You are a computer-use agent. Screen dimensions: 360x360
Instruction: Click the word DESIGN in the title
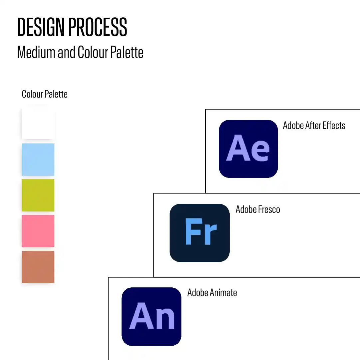tap(41, 27)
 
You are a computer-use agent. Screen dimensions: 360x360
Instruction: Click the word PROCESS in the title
tap(98, 27)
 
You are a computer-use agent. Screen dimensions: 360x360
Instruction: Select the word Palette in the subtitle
tap(127, 52)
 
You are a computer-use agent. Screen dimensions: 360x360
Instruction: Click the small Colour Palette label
tap(45, 94)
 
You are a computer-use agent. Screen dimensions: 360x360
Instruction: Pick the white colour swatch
tap(38, 124)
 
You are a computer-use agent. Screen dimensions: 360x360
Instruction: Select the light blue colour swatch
tap(38, 160)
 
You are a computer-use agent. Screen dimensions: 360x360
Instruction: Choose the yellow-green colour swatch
tap(38, 195)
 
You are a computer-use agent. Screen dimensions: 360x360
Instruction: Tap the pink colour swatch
tap(38, 231)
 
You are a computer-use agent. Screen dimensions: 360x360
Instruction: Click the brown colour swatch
tap(38, 267)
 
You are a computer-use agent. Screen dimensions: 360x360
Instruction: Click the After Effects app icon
tap(248, 149)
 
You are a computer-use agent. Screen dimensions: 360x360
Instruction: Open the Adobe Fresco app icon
tap(200, 233)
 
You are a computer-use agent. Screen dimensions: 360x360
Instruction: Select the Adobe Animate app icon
tap(152, 316)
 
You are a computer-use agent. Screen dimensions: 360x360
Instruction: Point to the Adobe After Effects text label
tap(314, 125)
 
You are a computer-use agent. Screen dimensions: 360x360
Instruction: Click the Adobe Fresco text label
tap(258, 209)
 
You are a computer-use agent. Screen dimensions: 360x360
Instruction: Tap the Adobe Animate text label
tap(212, 293)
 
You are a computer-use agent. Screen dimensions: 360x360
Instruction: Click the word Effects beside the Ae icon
tap(334, 125)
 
